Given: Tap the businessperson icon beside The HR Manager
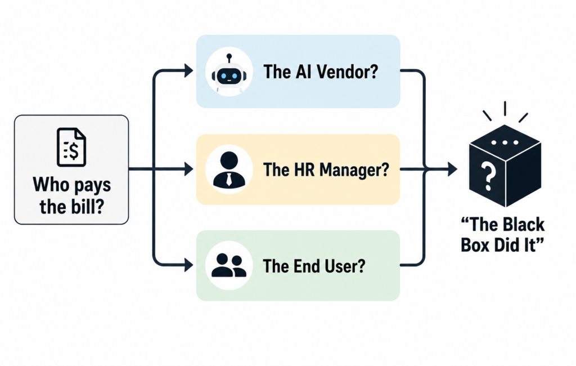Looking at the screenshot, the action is click(x=229, y=169).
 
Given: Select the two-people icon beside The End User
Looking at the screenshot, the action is click(x=228, y=265).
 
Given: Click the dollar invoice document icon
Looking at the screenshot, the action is click(x=71, y=147).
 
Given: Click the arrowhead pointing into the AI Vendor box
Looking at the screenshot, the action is click(x=188, y=70).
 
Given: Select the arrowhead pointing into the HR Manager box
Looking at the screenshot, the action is click(x=188, y=169).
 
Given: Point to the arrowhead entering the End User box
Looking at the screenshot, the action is click(x=188, y=265).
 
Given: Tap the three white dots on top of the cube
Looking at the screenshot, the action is click(x=505, y=142).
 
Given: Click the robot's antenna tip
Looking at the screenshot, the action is click(x=229, y=56).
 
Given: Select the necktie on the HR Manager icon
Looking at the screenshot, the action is click(x=229, y=179).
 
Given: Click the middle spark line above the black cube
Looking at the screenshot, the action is click(x=505, y=108).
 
